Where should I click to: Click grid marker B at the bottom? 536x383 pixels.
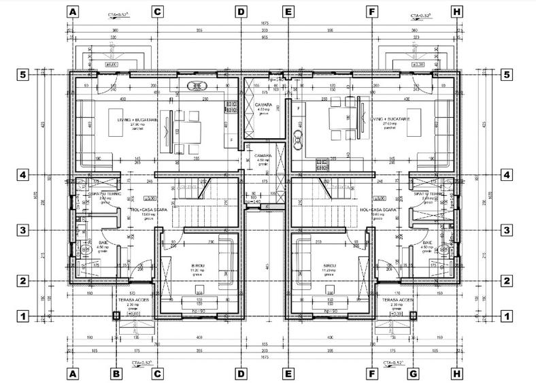[x=116, y=373]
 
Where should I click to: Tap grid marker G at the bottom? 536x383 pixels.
[x=413, y=373]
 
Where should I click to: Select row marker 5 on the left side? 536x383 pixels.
[x=23, y=75]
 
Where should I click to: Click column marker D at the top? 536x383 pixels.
[x=240, y=12]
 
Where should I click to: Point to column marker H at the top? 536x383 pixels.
[x=456, y=12]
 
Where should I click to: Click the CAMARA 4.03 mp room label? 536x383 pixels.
[x=264, y=108]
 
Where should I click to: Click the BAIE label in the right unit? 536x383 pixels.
[x=428, y=244]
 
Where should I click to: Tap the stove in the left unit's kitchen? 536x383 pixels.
[x=197, y=86]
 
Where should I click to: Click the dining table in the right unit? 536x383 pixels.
[x=341, y=119]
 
